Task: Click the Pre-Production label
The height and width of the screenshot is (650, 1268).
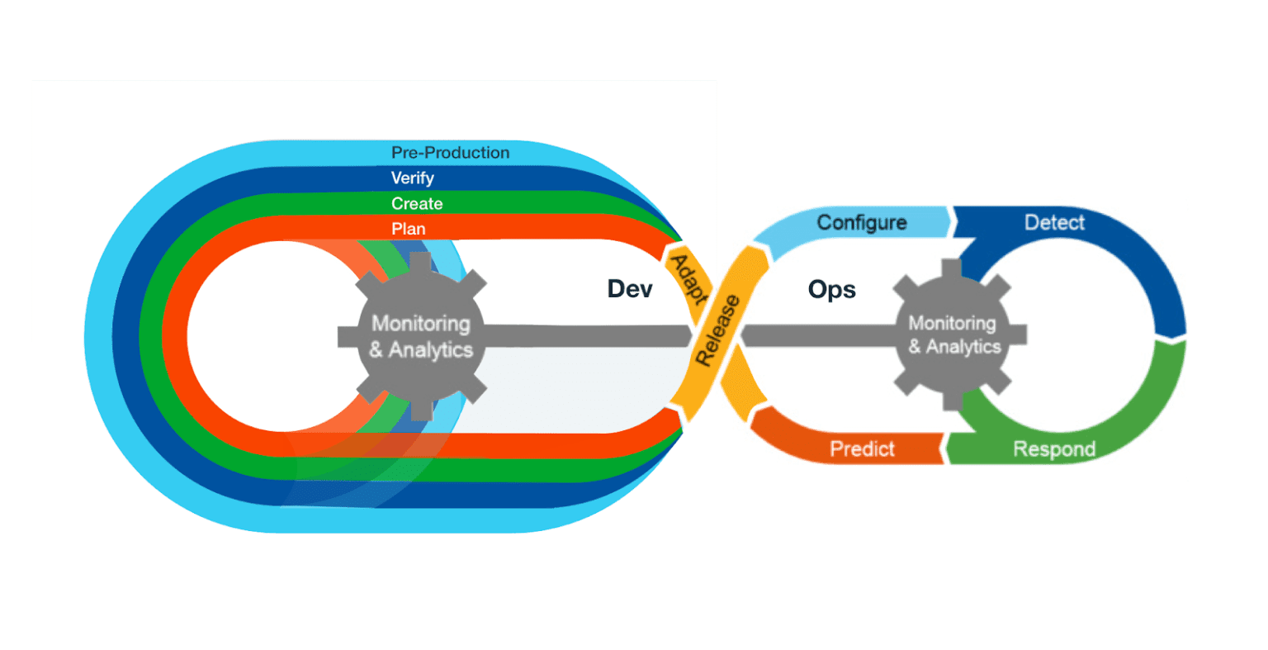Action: (450, 153)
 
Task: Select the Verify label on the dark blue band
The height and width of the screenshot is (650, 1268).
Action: (412, 178)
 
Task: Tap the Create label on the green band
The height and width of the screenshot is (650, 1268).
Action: (417, 204)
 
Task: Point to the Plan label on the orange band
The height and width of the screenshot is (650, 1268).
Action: (409, 229)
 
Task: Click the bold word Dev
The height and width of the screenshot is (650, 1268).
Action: (630, 288)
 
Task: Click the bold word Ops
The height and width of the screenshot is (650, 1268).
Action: (831, 290)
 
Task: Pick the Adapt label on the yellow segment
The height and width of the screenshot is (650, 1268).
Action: (686, 279)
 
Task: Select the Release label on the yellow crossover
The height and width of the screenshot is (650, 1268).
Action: (717, 330)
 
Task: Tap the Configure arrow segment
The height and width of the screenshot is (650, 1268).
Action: (861, 223)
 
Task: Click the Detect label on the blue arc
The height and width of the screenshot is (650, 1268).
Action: (1054, 223)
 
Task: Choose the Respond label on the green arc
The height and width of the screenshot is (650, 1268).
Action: (1054, 449)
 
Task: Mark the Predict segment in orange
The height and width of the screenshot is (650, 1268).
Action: (862, 449)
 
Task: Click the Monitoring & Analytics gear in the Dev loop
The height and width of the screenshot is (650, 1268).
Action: (420, 336)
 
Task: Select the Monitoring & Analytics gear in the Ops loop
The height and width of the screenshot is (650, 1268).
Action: (953, 334)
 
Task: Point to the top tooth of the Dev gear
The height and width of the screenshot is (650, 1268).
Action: (420, 263)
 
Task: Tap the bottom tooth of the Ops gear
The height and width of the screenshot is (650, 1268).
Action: (953, 400)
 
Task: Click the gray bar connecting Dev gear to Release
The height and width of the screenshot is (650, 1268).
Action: (586, 335)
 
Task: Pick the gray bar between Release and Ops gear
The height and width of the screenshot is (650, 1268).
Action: (817, 334)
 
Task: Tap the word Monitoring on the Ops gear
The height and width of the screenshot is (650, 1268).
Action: (952, 323)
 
